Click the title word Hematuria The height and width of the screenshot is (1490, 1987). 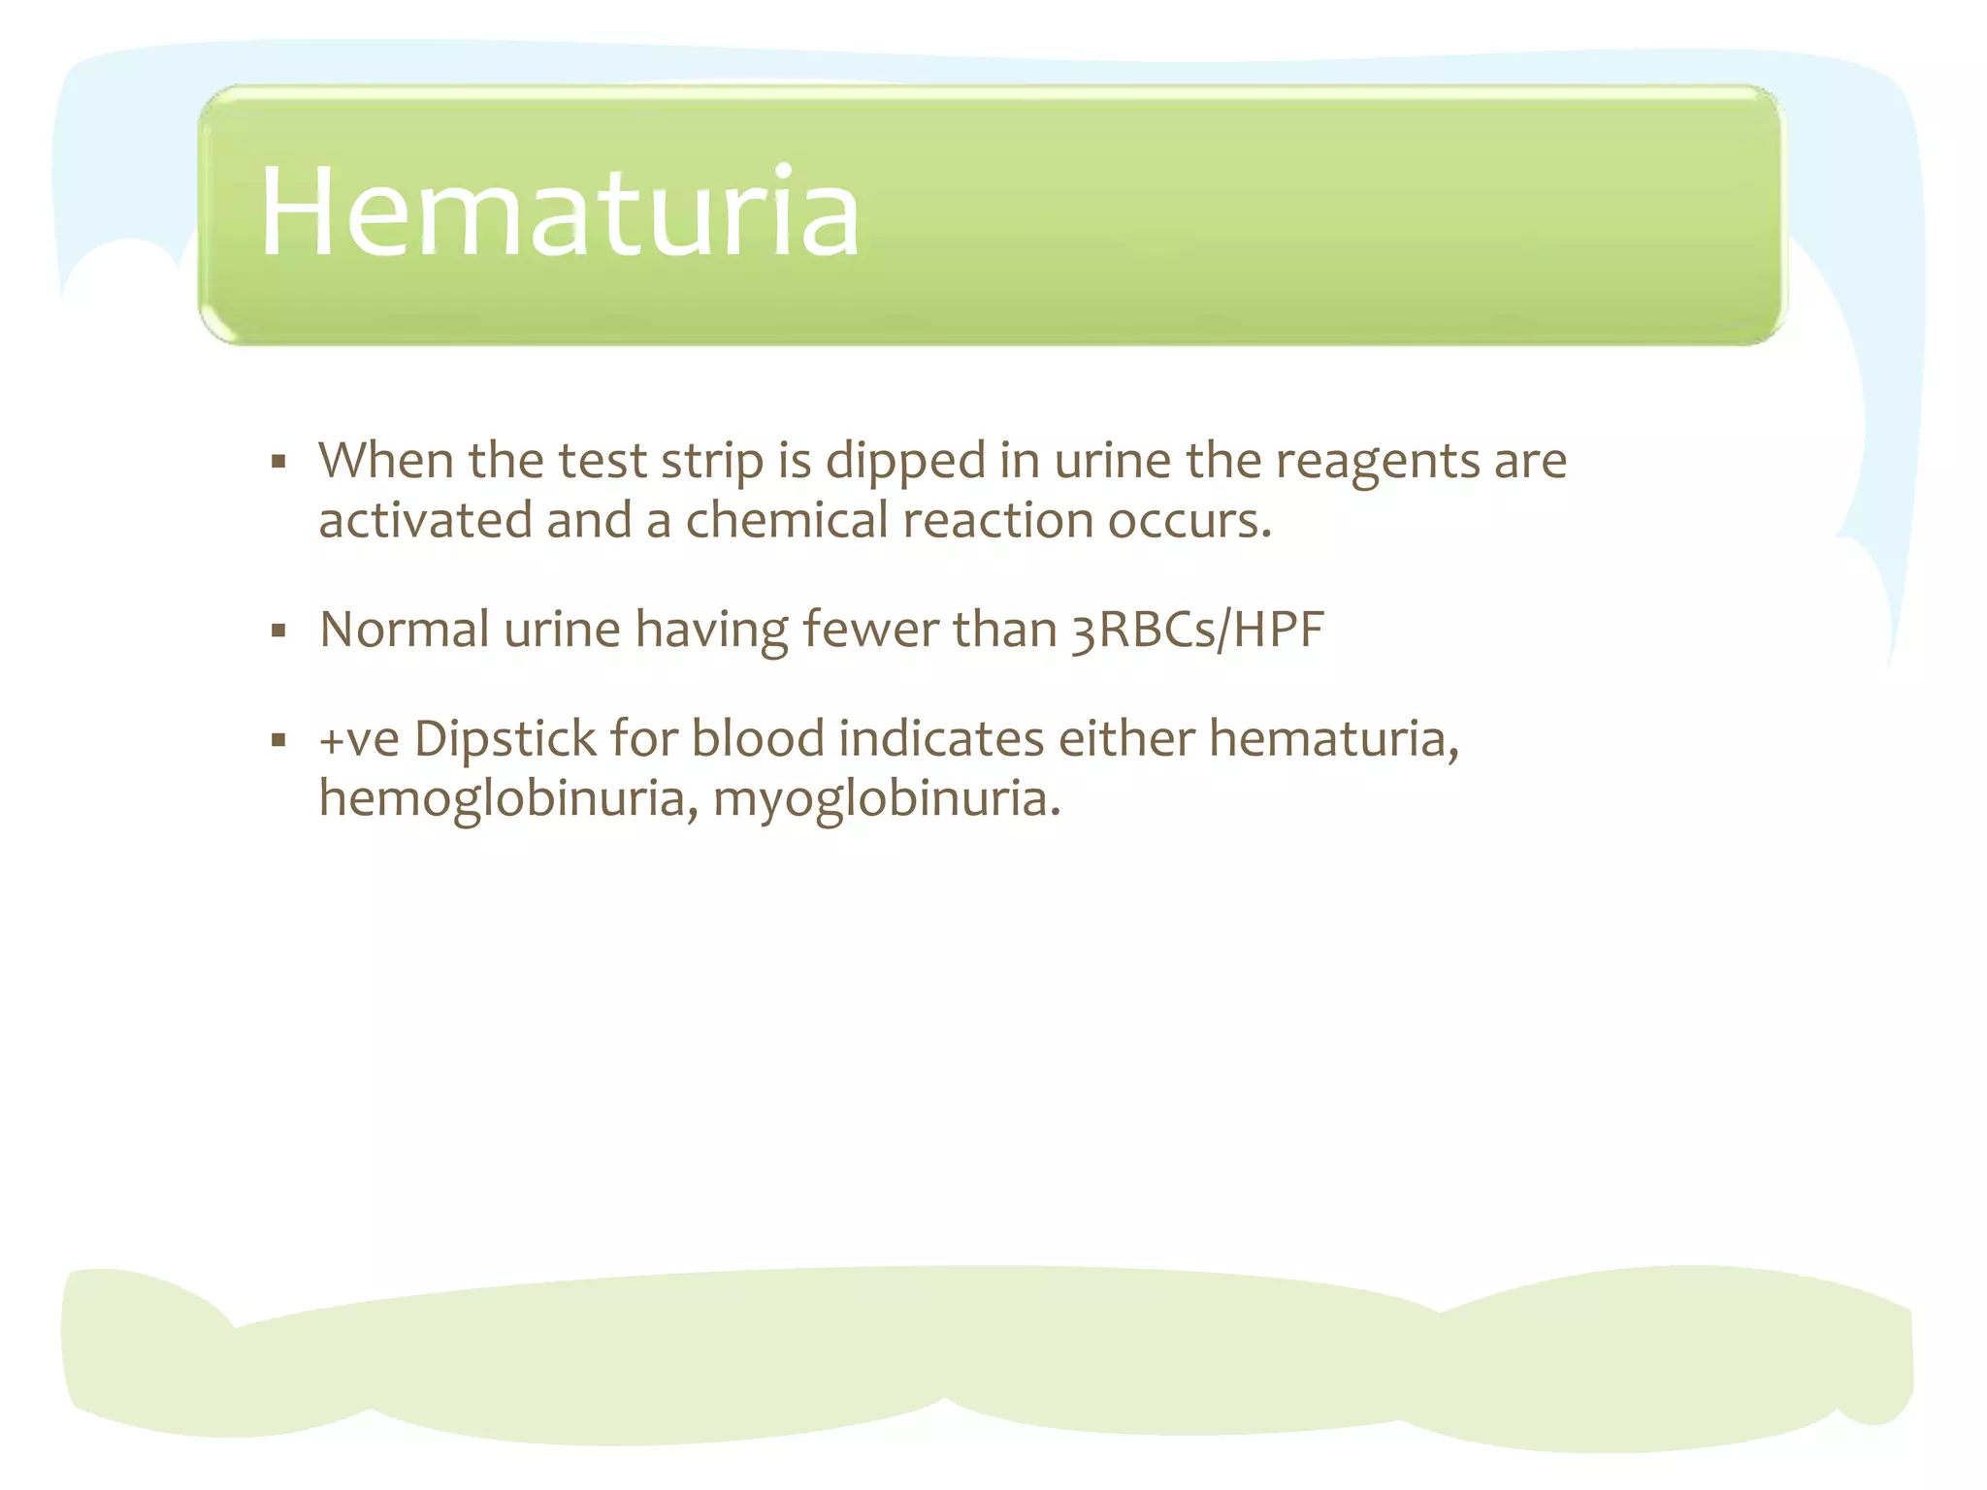point(559,212)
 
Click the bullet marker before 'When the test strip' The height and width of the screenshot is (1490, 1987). point(279,462)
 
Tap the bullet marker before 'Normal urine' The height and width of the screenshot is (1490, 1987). point(279,632)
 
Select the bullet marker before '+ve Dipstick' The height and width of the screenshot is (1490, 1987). point(279,741)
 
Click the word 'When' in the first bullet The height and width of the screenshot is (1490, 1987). point(386,460)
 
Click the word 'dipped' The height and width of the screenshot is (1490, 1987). point(905,462)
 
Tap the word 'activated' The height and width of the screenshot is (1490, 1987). point(425,520)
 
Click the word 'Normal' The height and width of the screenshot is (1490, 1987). point(404,630)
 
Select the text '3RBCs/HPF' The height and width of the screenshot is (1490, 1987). point(1197,631)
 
